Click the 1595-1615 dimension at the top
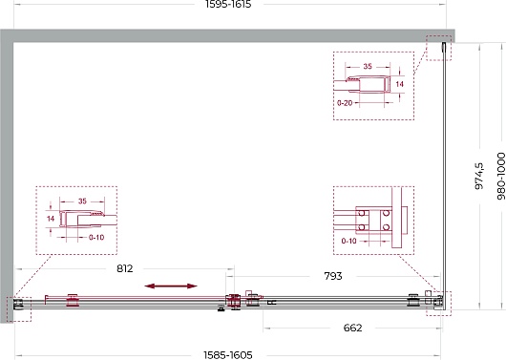228,4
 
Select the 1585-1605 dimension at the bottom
228,355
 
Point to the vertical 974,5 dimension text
479,176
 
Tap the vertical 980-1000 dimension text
500,176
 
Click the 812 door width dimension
124,268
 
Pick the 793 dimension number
333,276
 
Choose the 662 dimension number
352,328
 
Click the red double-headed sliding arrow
171,286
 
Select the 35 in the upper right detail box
368,66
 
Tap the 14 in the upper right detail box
399,84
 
